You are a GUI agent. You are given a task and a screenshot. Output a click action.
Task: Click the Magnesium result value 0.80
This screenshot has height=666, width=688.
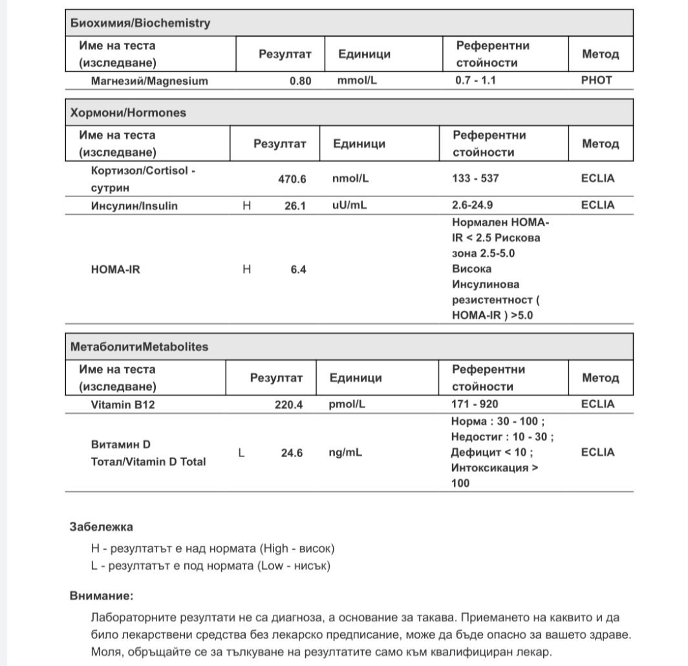(x=300, y=81)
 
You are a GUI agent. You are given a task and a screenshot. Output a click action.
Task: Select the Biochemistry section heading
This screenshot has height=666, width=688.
(x=140, y=23)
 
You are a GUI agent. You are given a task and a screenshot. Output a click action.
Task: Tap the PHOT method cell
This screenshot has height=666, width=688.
(x=596, y=81)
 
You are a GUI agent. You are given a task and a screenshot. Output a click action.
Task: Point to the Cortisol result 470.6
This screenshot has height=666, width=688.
(x=292, y=179)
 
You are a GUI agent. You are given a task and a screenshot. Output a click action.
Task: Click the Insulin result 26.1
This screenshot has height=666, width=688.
(x=294, y=206)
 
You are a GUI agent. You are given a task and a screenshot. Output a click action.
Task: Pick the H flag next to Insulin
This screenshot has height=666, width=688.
(x=246, y=206)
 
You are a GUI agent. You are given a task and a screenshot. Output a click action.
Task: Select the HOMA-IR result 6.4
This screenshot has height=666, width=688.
(x=298, y=270)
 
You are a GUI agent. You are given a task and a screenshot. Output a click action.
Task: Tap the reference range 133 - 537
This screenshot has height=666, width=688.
(x=475, y=178)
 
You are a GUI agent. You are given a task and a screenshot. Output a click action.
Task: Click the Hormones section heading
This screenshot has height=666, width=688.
(x=127, y=113)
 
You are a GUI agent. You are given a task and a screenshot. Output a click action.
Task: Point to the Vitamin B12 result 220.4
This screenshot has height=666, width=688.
(x=288, y=404)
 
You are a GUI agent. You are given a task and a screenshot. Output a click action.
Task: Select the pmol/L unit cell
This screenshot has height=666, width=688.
(x=347, y=404)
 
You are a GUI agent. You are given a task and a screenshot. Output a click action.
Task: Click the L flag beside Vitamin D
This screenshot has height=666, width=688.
(x=241, y=453)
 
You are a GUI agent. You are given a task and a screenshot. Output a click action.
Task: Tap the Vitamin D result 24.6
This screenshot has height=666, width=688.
(x=292, y=453)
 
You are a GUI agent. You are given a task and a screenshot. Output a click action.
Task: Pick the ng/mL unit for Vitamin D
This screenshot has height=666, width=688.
(x=345, y=453)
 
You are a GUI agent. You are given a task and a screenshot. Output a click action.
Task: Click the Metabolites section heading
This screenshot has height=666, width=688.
(x=139, y=347)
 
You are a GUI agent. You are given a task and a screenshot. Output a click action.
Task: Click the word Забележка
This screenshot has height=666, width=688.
(x=101, y=527)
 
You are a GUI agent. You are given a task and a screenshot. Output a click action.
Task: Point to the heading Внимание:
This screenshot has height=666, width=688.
(x=102, y=596)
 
